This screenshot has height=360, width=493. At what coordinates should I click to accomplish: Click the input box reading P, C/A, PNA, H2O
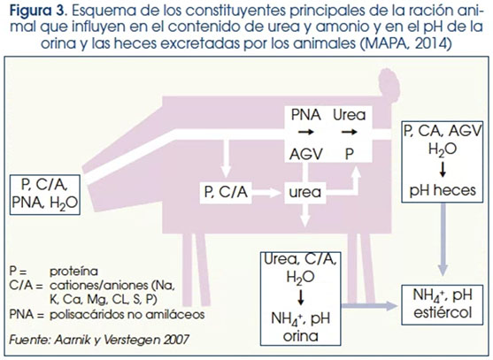(x=44, y=195)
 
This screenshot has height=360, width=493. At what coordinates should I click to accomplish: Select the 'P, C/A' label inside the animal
(x=226, y=192)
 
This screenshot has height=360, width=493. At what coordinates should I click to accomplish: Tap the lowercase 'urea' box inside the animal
(x=305, y=192)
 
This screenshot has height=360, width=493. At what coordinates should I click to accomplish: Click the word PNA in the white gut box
(x=305, y=115)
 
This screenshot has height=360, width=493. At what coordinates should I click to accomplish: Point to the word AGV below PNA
(x=305, y=154)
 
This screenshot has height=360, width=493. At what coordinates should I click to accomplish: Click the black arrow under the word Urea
(x=350, y=133)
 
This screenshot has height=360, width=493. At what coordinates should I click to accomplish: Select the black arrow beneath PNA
(x=306, y=132)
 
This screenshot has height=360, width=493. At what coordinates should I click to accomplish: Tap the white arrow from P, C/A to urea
(x=266, y=192)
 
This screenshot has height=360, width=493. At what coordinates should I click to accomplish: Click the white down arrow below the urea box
(x=305, y=215)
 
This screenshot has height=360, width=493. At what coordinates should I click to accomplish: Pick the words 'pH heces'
(x=443, y=190)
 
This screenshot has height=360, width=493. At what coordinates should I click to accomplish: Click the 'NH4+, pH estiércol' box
(x=443, y=304)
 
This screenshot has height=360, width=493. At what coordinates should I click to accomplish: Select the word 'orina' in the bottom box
(x=301, y=336)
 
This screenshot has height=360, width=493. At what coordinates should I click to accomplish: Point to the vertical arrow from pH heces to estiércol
(x=443, y=240)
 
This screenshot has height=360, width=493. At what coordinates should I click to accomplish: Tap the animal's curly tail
(x=389, y=82)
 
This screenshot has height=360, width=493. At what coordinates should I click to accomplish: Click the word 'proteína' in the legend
(x=73, y=271)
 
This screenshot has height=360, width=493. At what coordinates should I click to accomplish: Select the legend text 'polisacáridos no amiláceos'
(x=127, y=314)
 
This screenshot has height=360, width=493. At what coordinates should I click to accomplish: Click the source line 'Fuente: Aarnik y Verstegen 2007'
(x=99, y=340)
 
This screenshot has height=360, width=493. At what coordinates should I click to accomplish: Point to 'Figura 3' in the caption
(x=37, y=11)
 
